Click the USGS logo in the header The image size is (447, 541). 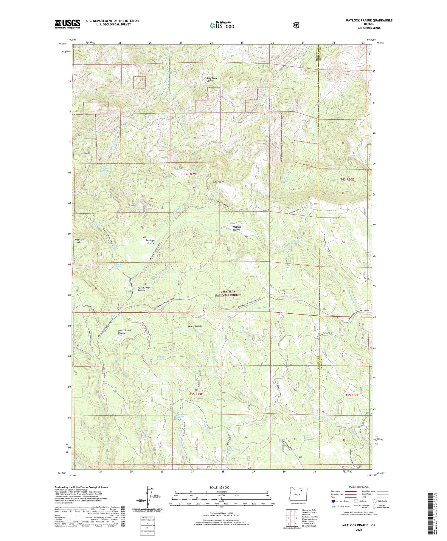tap(67, 24)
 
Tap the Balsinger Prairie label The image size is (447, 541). tap(151, 242)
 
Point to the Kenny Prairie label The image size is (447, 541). tap(195, 326)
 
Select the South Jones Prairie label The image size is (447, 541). tap(125, 332)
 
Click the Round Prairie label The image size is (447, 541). tap(161, 358)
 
